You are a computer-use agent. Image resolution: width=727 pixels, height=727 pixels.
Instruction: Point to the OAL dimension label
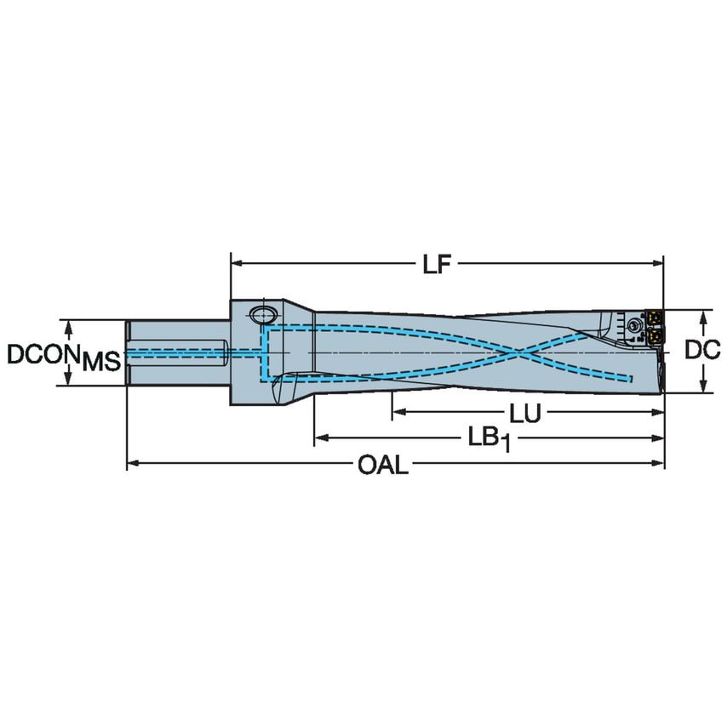(x=382, y=465)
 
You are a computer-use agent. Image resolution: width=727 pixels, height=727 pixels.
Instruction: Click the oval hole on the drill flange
(x=261, y=313)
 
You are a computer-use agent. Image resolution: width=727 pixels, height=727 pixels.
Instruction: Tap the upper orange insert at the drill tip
(x=655, y=318)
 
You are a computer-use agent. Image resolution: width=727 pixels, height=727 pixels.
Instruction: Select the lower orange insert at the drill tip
(x=655, y=338)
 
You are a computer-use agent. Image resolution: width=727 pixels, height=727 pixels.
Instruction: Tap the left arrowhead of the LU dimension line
(x=398, y=414)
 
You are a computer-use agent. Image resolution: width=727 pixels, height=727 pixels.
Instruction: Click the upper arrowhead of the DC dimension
(x=703, y=316)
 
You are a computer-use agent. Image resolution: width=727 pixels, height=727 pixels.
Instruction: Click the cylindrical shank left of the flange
(x=179, y=352)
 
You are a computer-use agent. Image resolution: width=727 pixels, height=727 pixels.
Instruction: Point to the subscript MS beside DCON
(x=100, y=363)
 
